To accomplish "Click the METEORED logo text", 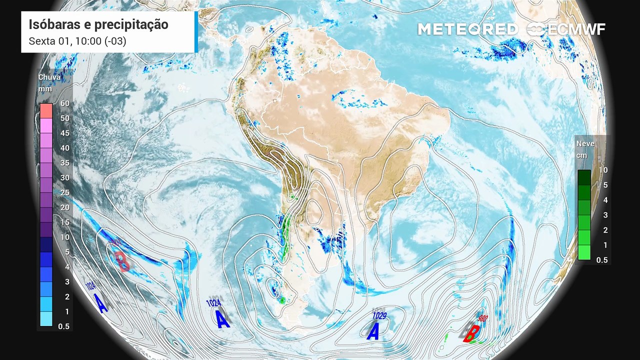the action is [x=468, y=29].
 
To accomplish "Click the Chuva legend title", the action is [x=49, y=77].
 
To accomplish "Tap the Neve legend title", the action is [x=585, y=143].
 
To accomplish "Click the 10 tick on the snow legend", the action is [x=603, y=170].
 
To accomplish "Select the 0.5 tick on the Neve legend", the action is [x=602, y=260].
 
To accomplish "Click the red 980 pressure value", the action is [x=483, y=318].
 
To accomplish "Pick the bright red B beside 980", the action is [x=472, y=333].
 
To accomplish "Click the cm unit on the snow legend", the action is [x=581, y=155].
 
